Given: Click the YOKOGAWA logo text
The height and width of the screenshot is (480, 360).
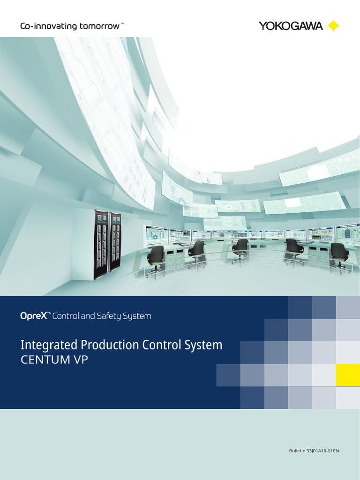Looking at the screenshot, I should [291, 26].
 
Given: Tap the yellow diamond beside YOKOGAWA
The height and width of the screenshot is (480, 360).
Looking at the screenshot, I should [333, 26].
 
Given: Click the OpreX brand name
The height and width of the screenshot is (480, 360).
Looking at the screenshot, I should [33, 316].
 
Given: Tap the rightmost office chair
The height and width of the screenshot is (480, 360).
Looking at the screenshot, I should [339, 255].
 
